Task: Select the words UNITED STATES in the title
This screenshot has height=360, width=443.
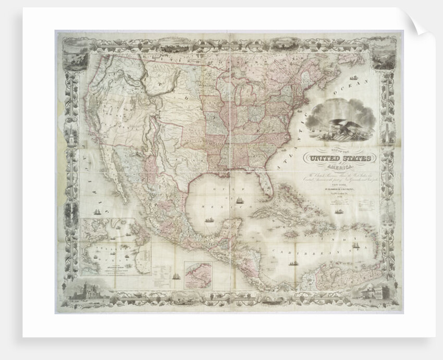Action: pyautogui.click(x=340, y=158)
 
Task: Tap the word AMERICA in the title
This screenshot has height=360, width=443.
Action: pyautogui.click(x=341, y=166)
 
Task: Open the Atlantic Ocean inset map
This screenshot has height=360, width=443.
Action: pyautogui.click(x=116, y=247)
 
